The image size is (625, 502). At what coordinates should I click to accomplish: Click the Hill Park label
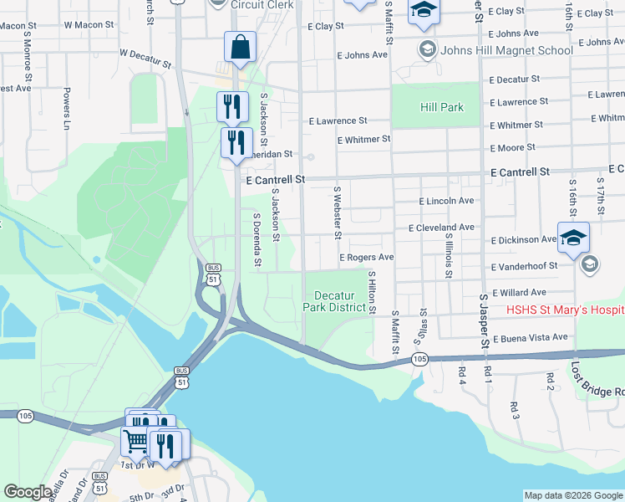[441, 107]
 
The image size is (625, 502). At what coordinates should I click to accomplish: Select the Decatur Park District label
[339, 301]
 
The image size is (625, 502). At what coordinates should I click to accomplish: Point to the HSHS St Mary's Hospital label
[566, 310]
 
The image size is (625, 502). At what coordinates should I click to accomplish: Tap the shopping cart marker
[135, 440]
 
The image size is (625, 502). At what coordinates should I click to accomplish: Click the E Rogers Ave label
[366, 258]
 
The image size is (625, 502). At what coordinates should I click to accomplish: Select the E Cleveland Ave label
[441, 228]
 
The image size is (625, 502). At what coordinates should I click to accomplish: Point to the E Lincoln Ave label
[446, 201]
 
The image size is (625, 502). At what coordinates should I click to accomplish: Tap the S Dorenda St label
[257, 239]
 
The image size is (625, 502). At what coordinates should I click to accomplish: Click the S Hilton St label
[371, 291]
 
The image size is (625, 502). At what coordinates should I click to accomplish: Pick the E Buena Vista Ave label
[530, 338]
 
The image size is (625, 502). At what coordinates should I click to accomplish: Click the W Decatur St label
[145, 57]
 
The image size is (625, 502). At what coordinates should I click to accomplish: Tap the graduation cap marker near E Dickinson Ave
[574, 237]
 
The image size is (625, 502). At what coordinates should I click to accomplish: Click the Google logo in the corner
[28, 492]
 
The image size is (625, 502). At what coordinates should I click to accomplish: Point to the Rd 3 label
[514, 409]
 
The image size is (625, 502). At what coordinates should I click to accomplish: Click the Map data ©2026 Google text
[572, 495]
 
